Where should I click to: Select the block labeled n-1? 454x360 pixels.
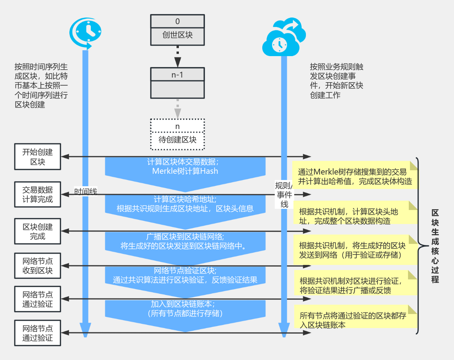coord(177,82)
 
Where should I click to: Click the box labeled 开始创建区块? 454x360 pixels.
coord(38,157)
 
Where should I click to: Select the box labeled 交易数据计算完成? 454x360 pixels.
coord(38,195)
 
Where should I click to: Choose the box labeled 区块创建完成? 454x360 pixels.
coord(38,231)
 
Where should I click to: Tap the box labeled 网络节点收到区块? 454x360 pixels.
coord(38,265)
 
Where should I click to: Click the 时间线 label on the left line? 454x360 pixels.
coord(86,191)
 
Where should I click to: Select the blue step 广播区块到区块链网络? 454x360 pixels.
coord(185,241)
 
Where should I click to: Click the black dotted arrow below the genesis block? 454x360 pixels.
coord(178,56)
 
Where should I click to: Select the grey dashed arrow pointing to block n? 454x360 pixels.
coord(178,109)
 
